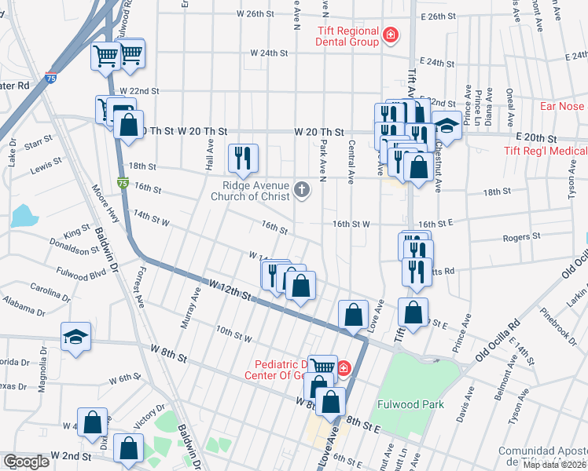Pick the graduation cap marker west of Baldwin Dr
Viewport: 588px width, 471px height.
pos(75,339)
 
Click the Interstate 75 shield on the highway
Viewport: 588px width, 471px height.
pos(123,182)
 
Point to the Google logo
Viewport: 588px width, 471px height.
pos(26,462)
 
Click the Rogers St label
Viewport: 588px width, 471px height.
pos(526,235)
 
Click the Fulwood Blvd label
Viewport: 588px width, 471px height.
pos(81,275)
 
